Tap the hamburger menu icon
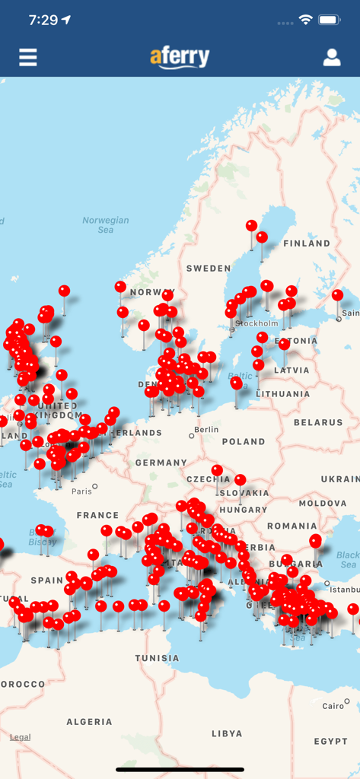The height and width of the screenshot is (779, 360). [28, 57]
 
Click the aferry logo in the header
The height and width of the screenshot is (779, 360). [180, 57]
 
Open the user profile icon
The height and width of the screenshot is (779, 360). [332, 57]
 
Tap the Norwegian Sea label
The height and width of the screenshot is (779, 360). [106, 225]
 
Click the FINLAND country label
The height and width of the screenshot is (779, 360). [307, 243]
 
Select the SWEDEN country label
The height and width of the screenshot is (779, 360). [209, 268]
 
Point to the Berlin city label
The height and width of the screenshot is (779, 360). [206, 430]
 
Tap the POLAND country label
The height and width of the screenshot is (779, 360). [244, 441]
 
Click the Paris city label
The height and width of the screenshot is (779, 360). [81, 491]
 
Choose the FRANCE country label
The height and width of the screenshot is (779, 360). [97, 515]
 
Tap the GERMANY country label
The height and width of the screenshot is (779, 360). [161, 463]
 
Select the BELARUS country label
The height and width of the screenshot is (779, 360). [318, 422]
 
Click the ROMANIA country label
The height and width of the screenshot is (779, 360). [292, 526]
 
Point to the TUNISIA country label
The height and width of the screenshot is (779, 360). [158, 658]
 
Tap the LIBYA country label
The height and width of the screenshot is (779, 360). [226, 733]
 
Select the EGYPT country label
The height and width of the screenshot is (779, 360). [330, 741]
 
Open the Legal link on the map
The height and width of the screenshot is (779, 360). [21, 737]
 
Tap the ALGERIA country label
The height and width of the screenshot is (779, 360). [89, 721]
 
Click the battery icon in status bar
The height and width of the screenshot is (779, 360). [330, 20]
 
